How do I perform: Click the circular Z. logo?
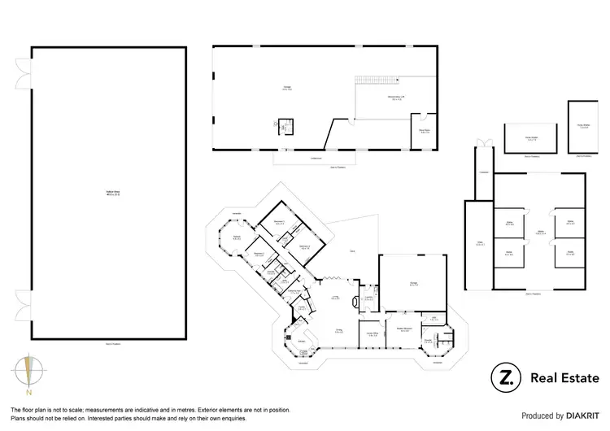coord(505,377)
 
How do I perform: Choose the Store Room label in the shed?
coord(425,130)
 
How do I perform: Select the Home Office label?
coord(373,333)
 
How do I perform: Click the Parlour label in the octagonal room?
coord(237,237)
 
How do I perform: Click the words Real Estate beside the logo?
coord(564,377)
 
